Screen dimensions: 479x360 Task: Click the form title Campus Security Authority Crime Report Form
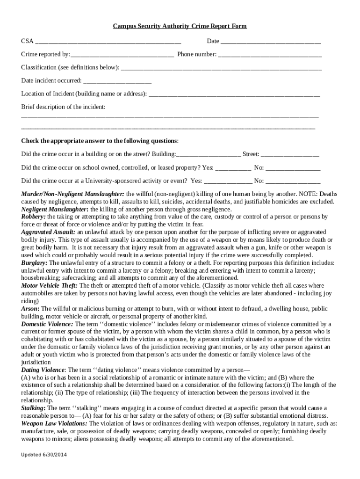(x=180, y=26)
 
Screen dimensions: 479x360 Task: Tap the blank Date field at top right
(x=271, y=42)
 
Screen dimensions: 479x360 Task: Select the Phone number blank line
(x=270, y=55)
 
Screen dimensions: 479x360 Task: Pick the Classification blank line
(x=221, y=68)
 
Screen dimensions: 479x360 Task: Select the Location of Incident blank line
(x=234, y=94)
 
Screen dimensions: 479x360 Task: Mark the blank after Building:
(x=209, y=154)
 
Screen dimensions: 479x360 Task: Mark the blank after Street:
(x=290, y=154)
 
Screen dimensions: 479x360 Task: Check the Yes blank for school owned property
(x=233, y=167)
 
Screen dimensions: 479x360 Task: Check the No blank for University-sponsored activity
(x=293, y=181)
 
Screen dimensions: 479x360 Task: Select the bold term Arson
(x=30, y=309)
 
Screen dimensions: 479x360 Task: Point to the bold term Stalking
(x=33, y=408)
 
